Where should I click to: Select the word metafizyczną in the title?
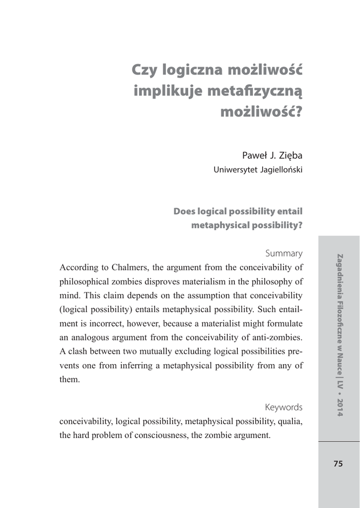[x=254, y=92]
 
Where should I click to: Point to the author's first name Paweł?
[x=254, y=155]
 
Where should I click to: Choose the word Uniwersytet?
[x=235, y=170]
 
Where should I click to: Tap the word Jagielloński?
[x=282, y=170]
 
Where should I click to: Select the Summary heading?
[x=284, y=253]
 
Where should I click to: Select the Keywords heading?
[x=284, y=407]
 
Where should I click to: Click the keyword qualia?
[x=291, y=422]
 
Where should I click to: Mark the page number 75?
[x=338, y=464]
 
